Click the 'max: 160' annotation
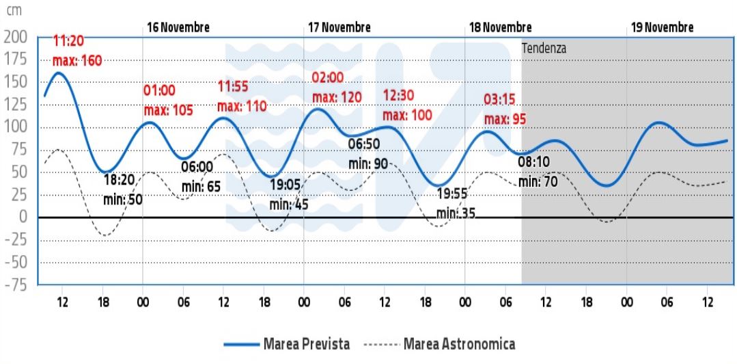(x=77, y=61)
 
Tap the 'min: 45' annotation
(x=288, y=204)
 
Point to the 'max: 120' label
(x=337, y=97)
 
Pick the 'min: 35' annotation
(x=456, y=213)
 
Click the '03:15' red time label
(x=499, y=100)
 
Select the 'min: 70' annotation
(x=538, y=182)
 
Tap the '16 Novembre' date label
(x=178, y=27)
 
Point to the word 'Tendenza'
(x=544, y=49)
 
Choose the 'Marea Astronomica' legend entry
(x=458, y=343)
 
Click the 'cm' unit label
(x=14, y=12)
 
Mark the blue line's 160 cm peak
(x=59, y=73)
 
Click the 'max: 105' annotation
(x=168, y=109)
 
